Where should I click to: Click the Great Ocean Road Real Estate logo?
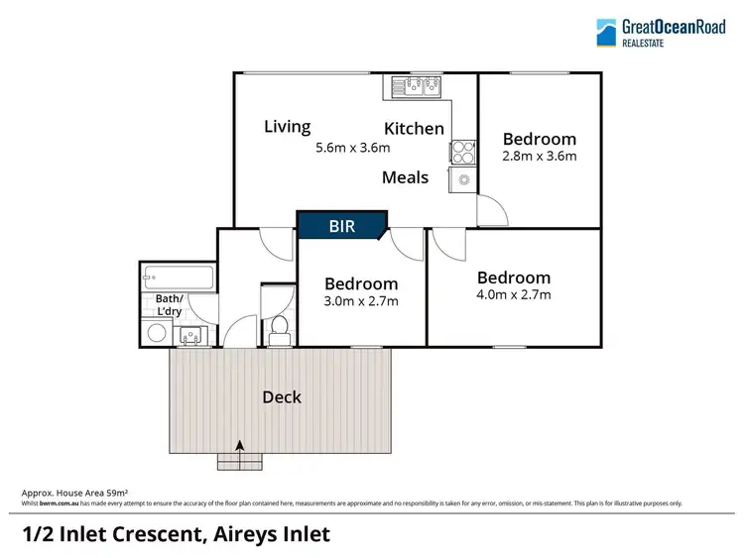[x=659, y=33]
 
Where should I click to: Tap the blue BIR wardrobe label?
[x=342, y=227]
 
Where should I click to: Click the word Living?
[x=287, y=127]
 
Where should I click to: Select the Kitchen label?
[x=414, y=129]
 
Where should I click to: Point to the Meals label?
[x=406, y=177]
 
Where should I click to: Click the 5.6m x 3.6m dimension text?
[x=352, y=148]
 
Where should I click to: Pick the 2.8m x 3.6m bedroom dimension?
[x=539, y=156]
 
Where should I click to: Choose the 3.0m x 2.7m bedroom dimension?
[x=361, y=300]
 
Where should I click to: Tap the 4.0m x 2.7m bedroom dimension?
[x=513, y=294]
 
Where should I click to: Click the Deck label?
[x=282, y=397]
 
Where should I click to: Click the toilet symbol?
[x=278, y=328]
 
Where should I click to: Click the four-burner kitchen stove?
[x=463, y=152]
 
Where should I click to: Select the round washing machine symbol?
[x=157, y=334]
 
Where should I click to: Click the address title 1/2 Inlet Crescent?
[x=176, y=534]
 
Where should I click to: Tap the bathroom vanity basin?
[x=191, y=337]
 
